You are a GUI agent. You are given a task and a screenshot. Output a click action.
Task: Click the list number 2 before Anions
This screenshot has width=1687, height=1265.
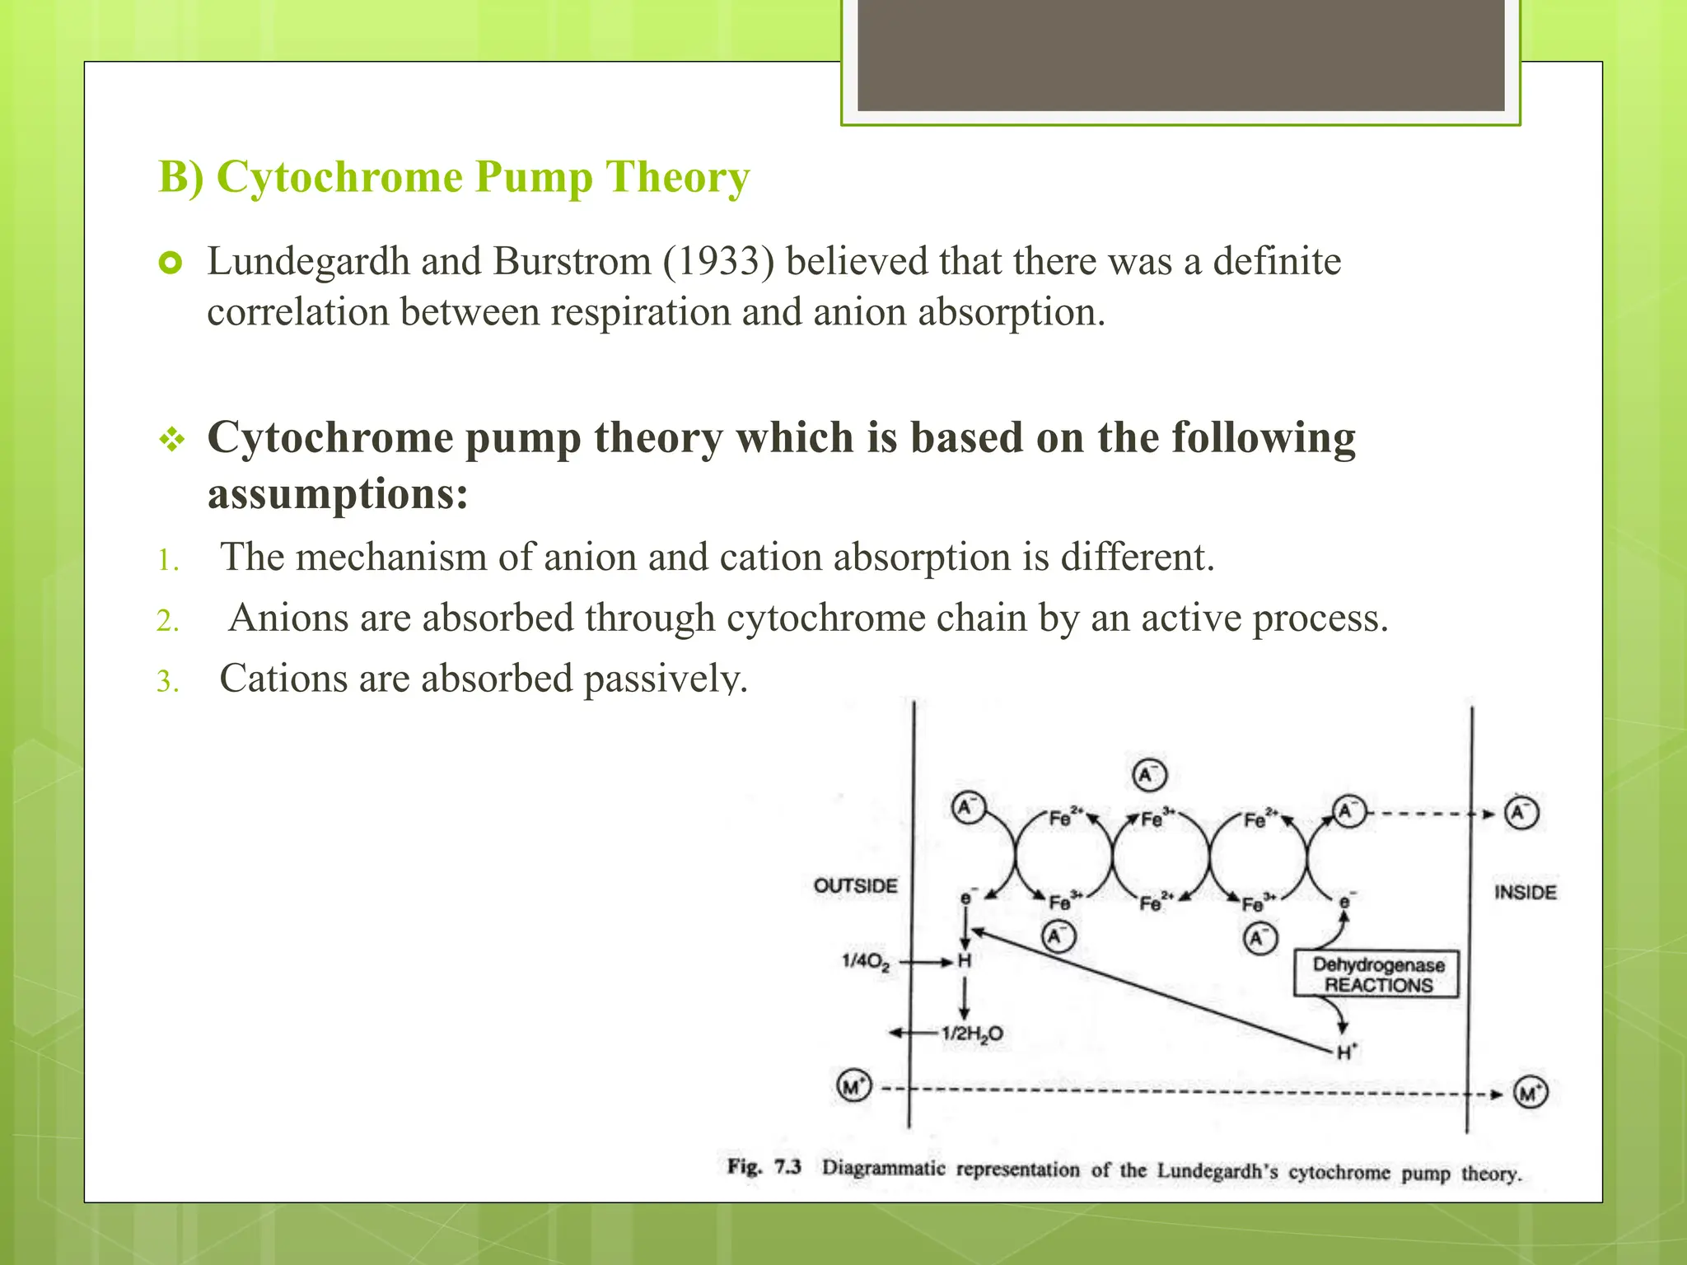(x=168, y=621)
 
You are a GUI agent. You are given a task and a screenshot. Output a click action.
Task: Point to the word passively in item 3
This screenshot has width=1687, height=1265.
(x=666, y=679)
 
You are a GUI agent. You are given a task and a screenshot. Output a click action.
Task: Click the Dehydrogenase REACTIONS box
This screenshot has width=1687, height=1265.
(x=1377, y=974)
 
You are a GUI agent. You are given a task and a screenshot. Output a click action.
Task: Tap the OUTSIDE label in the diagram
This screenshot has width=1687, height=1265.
(x=855, y=886)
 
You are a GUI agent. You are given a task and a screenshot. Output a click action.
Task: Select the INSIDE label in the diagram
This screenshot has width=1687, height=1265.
(x=1525, y=893)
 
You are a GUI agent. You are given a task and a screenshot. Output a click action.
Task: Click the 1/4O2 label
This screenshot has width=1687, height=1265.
(x=865, y=961)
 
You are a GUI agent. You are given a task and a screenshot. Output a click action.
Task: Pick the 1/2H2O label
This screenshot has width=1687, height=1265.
(x=972, y=1034)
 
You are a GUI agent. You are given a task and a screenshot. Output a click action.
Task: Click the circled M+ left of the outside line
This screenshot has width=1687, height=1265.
(x=853, y=1086)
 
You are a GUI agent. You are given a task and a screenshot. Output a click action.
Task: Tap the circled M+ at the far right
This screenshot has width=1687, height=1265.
(x=1530, y=1094)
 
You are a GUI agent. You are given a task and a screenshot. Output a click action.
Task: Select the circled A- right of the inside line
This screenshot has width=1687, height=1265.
(x=1521, y=813)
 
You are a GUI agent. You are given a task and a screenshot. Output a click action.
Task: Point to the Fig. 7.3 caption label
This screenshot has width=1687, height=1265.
(x=764, y=1167)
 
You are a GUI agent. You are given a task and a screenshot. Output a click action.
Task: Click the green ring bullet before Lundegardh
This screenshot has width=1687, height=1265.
(x=170, y=264)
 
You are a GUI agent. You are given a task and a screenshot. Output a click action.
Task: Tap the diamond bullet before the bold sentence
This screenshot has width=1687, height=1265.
(x=171, y=440)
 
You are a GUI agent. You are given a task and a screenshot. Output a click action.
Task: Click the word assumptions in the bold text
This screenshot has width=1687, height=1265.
(x=338, y=495)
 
